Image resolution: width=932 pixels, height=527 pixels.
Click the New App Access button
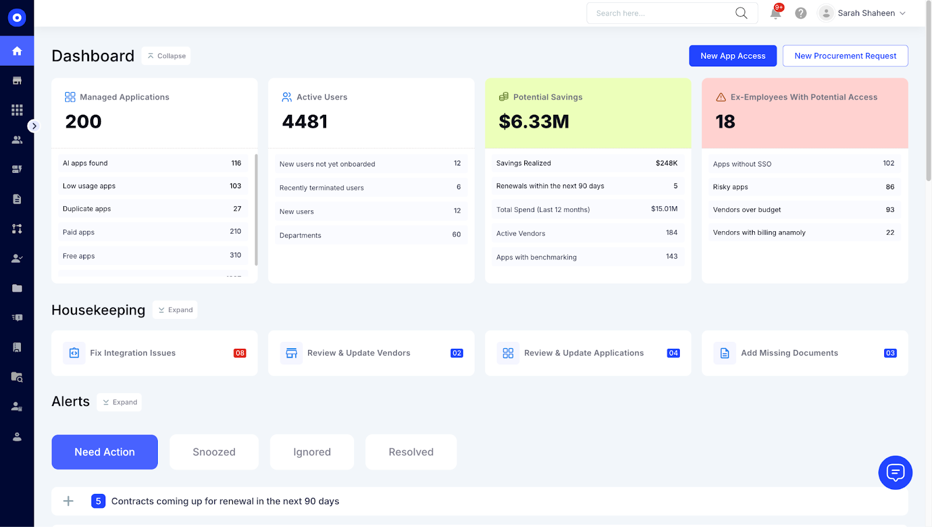[732, 56]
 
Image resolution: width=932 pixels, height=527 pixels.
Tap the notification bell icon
[775, 13]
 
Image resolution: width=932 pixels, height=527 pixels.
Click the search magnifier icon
[741, 13]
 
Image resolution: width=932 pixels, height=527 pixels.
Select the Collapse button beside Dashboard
[166, 56]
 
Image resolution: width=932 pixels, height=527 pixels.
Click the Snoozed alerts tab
[214, 452]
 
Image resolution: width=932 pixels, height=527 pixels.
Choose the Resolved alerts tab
[411, 452]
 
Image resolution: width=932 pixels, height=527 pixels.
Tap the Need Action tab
[105, 452]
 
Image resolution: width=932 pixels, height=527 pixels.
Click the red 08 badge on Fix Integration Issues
[239, 353]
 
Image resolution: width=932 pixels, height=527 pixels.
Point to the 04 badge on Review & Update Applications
[673, 353]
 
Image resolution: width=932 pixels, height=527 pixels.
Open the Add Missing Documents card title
[789, 353]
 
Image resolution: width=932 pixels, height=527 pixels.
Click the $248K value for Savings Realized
[666, 163]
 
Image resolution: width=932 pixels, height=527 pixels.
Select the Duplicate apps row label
[87, 208]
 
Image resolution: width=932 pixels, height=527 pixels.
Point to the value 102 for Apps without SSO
[888, 163]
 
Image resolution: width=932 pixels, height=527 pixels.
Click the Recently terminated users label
[322, 188]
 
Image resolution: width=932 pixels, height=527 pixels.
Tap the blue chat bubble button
[895, 472]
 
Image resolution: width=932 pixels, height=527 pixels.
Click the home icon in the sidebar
[17, 51]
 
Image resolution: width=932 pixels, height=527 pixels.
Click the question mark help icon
[801, 13]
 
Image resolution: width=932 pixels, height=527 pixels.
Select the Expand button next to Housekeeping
[175, 310]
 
